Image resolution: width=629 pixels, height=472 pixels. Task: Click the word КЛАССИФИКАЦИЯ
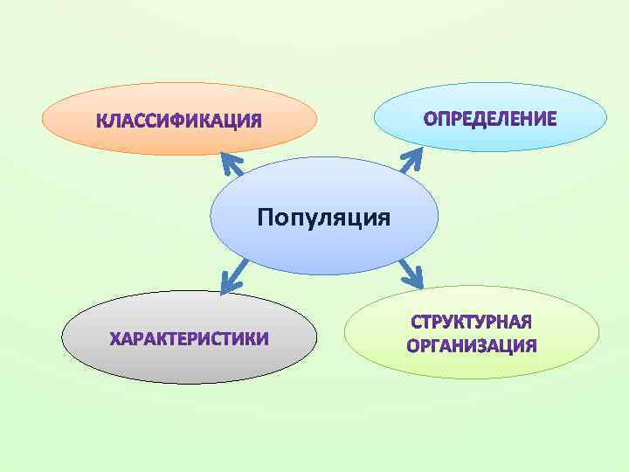coord(178,120)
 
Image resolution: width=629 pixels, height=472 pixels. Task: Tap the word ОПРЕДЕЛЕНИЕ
coord(490,118)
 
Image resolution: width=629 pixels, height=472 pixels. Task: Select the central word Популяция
coord(323,216)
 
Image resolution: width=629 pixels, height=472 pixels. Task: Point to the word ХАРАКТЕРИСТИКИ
coord(189,337)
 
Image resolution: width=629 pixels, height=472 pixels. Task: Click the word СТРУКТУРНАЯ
coord(472,323)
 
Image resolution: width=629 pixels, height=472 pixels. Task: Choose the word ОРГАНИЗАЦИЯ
coord(472,345)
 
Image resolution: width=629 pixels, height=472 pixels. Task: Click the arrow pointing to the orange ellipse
coord(232,164)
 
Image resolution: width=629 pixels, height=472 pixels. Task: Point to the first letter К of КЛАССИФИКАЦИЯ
coord(102,120)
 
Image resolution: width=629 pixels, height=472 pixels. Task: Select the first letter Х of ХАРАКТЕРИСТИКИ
coord(115,337)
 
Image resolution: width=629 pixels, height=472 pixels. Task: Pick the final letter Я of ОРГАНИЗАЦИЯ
coord(529,345)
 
